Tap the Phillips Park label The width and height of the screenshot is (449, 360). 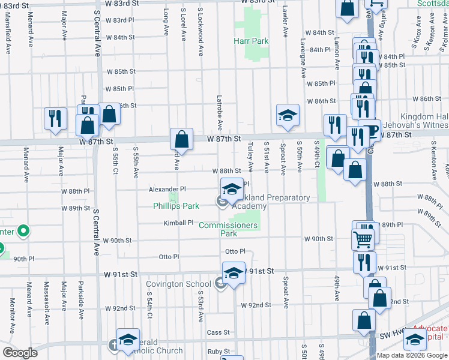pyautogui.click(x=176, y=206)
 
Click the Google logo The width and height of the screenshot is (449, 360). pyautogui.click(x=20, y=353)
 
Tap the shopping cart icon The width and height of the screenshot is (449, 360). pyautogui.click(x=363, y=239)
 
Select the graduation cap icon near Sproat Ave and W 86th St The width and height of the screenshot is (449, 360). pyautogui.click(x=288, y=115)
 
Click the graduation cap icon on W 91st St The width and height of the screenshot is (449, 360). pyautogui.click(x=234, y=273)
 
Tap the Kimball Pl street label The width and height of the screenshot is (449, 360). pyautogui.click(x=179, y=223)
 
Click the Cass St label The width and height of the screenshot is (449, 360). pyautogui.click(x=218, y=332)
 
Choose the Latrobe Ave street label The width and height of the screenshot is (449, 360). pyautogui.click(x=220, y=113)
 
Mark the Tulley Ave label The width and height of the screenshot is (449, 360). pyautogui.click(x=250, y=155)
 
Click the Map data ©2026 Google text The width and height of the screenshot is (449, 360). pyautogui.click(x=412, y=355)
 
